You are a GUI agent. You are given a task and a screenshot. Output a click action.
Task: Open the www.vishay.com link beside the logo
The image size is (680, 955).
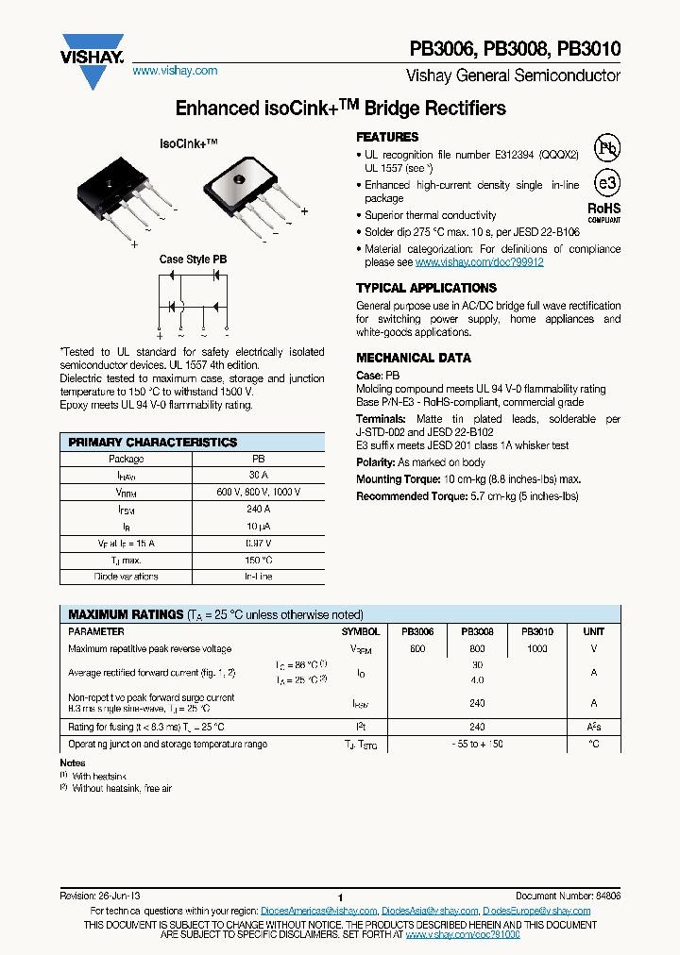(175, 71)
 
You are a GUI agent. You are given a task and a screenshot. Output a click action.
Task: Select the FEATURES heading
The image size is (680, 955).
(387, 137)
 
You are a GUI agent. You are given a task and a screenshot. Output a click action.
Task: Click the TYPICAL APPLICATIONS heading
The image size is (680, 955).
(419, 288)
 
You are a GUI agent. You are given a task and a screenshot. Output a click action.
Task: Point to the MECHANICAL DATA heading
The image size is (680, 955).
(413, 358)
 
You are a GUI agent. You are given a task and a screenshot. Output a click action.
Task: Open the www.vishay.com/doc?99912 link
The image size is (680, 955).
(479, 262)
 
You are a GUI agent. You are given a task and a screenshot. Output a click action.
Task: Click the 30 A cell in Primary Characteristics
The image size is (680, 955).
(257, 476)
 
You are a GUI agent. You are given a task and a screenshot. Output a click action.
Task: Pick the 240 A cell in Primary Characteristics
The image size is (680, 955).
(257, 510)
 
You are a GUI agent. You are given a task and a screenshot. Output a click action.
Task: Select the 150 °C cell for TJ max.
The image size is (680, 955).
(257, 560)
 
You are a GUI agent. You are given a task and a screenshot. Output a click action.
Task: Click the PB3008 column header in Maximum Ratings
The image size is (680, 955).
(477, 631)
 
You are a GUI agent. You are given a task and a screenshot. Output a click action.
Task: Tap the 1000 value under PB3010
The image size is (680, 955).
(536, 649)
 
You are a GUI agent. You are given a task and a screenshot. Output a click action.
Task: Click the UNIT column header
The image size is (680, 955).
(593, 631)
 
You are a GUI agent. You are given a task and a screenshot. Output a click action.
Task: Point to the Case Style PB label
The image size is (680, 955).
(193, 259)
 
